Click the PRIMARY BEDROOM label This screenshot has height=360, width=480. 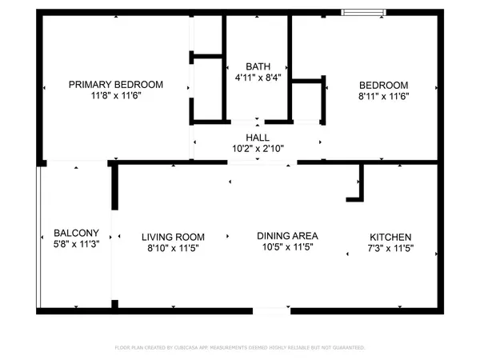point(116,85)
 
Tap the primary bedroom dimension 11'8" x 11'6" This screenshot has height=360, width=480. point(116,97)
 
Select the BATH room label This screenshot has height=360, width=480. point(257,66)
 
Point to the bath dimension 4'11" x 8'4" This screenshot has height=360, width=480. point(257,78)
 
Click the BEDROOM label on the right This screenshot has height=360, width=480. point(383,85)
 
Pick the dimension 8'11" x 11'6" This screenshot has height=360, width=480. point(383,97)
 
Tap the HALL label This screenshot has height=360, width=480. point(258,138)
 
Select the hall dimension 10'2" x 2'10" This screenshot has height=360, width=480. point(258,149)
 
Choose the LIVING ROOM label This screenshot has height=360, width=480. point(173,237)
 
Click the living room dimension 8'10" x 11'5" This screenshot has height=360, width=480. point(173,249)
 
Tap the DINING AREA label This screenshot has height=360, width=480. point(287,236)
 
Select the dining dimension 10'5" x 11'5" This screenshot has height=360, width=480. point(287,248)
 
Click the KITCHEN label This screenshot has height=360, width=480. point(390,237)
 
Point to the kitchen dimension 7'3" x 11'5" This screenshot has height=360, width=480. point(390,249)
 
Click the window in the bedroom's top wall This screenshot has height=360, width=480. point(363,12)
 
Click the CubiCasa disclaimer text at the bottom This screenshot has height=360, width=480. point(240,348)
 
